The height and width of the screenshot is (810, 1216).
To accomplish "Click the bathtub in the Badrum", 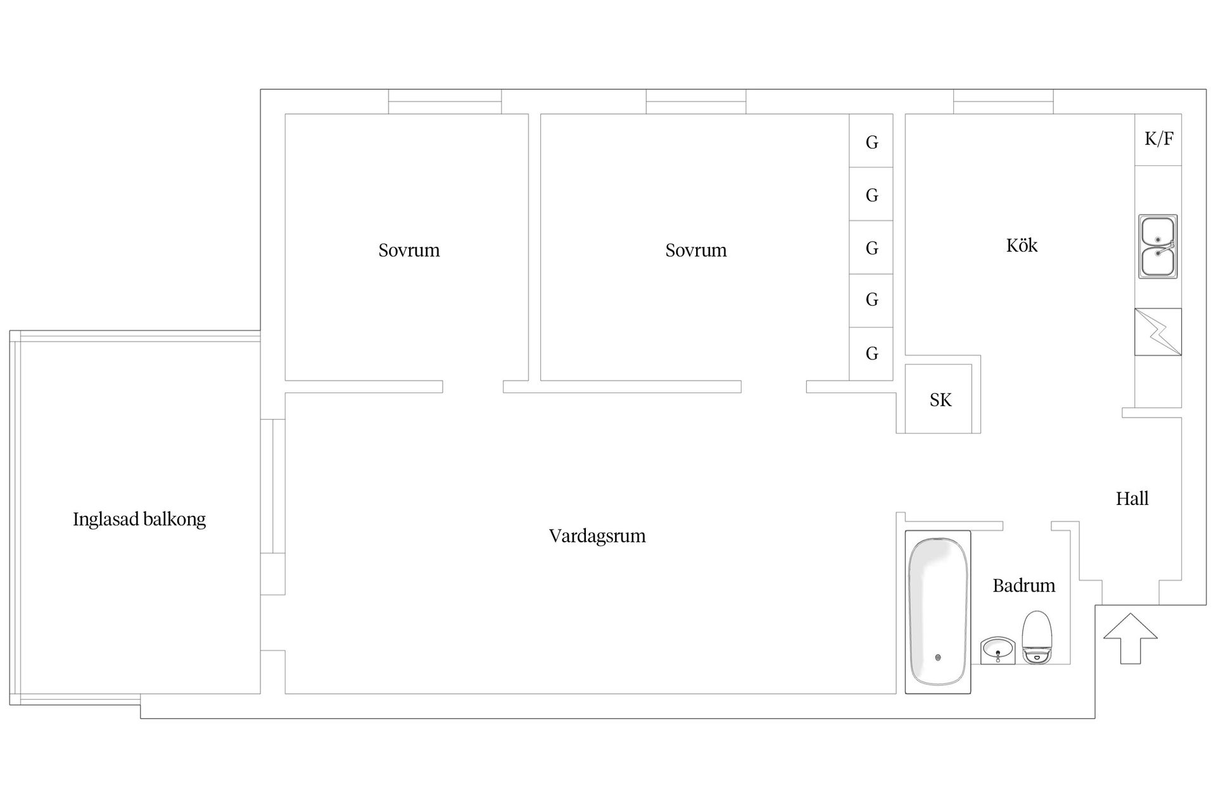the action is pyautogui.click(x=938, y=612).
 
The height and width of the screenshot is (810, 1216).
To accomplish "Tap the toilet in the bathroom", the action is pyautogui.click(x=1037, y=637).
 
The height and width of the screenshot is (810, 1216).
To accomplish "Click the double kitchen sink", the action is pyautogui.click(x=1158, y=247).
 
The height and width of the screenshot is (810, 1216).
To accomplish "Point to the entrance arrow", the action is pyautogui.click(x=1130, y=639).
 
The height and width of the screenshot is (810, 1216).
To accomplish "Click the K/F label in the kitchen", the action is pyautogui.click(x=1158, y=139).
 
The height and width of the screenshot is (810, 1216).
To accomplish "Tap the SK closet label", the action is pyautogui.click(x=940, y=400).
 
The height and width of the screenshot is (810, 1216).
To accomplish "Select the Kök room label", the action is pyautogui.click(x=1022, y=245).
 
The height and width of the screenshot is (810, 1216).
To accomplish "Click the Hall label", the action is pyautogui.click(x=1132, y=499).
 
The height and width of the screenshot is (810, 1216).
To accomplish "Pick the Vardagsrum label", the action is pyautogui.click(x=597, y=536).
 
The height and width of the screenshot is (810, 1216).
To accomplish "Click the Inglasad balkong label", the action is pyautogui.click(x=139, y=520).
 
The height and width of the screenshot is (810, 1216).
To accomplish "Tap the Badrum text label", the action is pyautogui.click(x=1023, y=585).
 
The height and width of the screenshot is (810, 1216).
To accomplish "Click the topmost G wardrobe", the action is pyautogui.click(x=871, y=140).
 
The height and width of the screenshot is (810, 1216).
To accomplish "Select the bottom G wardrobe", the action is pyautogui.click(x=871, y=354).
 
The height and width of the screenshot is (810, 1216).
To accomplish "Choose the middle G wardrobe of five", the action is pyautogui.click(x=871, y=247).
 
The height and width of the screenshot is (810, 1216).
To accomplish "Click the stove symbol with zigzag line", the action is pyautogui.click(x=1158, y=332).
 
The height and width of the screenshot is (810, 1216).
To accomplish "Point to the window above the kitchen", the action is pyautogui.click(x=1003, y=102).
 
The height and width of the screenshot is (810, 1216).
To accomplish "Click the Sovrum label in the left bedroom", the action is pyautogui.click(x=409, y=251).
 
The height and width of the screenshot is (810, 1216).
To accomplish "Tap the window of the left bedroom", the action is pyautogui.click(x=445, y=102).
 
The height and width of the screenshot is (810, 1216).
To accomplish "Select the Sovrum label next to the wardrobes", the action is pyautogui.click(x=696, y=251).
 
